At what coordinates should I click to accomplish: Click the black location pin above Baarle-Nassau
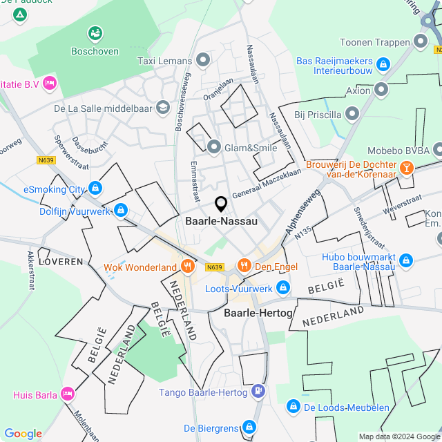221,204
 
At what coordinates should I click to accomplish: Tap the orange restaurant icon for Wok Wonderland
187,267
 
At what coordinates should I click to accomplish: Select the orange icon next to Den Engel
243,265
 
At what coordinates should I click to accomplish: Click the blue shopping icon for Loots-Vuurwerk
282,287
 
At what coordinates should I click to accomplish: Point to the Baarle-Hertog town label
258,313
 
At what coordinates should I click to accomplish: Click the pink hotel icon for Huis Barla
67,395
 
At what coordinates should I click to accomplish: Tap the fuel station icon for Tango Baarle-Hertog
258,392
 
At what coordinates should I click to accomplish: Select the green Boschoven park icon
95,33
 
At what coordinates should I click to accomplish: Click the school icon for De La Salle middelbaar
162,107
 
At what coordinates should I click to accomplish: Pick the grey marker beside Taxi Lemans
202,61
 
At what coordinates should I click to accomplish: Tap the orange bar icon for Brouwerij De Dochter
407,167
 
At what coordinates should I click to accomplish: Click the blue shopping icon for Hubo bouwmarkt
406,260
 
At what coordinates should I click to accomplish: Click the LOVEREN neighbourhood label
61,262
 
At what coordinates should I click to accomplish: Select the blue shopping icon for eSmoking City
95,188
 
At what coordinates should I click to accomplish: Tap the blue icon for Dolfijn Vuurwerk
121,209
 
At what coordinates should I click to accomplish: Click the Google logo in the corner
23,433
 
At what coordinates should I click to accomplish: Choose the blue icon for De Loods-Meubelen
293,407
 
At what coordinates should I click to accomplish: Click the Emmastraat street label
194,177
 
